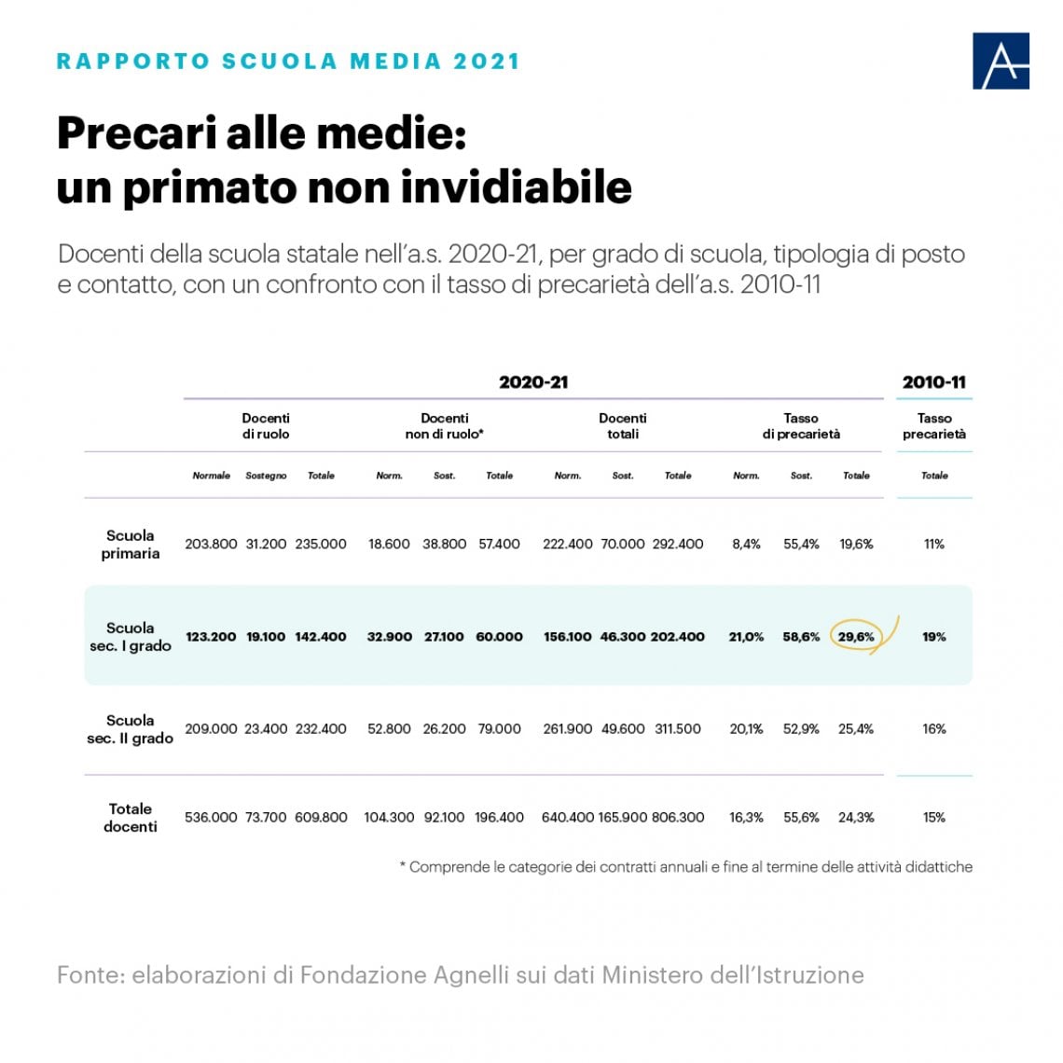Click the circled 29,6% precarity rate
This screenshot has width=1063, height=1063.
[856, 637]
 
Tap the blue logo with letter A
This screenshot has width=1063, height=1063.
[1001, 61]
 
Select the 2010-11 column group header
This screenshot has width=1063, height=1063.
[933, 382]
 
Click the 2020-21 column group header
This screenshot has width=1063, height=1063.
[533, 382]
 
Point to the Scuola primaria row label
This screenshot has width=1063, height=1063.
[131, 545]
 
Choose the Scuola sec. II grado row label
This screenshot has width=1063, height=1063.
[131, 729]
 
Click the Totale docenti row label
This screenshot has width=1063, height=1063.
[131, 818]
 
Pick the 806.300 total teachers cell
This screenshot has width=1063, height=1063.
[678, 818]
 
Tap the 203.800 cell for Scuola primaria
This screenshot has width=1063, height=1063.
[211, 544]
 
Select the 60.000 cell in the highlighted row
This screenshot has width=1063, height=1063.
[499, 637]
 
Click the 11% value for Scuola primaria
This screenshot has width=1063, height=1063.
[934, 544]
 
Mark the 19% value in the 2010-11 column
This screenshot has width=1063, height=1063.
[934, 637]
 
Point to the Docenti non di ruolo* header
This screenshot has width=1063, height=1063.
[445, 426]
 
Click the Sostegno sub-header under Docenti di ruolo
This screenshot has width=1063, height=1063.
[266, 476]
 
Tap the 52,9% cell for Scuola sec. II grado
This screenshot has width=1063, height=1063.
[801, 729]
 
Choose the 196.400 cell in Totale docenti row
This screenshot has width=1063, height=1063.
[499, 818]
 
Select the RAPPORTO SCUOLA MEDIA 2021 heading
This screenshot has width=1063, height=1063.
[288, 61]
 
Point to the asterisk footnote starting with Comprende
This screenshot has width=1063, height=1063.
[686, 867]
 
